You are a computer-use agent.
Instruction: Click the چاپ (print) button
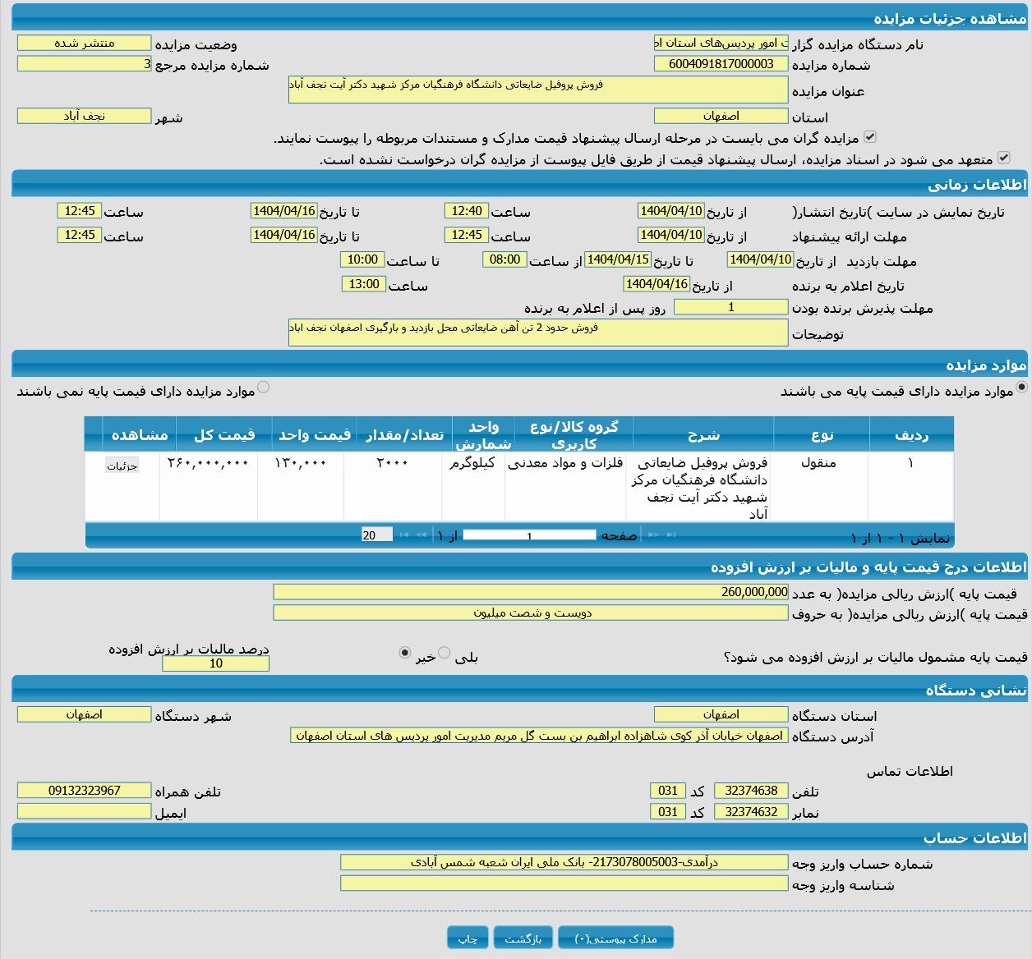pos(468,938)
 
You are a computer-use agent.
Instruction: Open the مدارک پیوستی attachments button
pos(615,938)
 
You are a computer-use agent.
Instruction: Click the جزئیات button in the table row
pos(122,466)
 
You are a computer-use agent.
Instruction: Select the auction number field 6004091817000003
pos(721,64)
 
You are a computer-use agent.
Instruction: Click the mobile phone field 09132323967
pos(84,791)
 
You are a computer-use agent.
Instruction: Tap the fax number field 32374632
pos(751,811)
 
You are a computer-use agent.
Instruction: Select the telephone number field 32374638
pos(751,791)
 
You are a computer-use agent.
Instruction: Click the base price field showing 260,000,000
pos(531,592)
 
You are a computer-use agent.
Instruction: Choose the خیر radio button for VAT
pos(404,653)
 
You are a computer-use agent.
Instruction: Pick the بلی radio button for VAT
pos(445,653)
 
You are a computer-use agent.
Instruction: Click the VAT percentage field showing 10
pos(215,663)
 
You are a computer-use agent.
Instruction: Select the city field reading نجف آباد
pos(84,116)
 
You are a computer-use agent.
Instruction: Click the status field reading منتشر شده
pos(84,43)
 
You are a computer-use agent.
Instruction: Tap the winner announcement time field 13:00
pos(363,284)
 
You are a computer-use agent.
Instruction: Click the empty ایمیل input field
pos(84,811)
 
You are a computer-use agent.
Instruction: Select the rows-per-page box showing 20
pos(376,535)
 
